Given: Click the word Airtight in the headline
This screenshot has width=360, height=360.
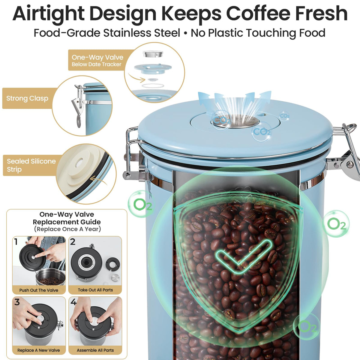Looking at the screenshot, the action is [48, 14].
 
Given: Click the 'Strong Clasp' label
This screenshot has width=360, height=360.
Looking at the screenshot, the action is [27, 98].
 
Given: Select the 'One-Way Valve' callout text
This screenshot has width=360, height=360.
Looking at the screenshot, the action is [97, 57].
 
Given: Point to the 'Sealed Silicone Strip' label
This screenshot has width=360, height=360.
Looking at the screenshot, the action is [31, 165].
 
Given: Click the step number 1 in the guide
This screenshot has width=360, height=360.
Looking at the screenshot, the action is [16, 242].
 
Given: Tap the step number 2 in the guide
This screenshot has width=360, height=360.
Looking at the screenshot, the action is [73, 242].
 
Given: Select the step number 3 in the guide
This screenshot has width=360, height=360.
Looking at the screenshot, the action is [17, 302].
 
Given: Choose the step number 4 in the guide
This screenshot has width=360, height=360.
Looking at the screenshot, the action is [73, 302].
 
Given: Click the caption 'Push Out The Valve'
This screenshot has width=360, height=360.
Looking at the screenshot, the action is [39, 290].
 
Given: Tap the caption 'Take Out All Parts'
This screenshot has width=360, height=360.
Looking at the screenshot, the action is [95, 290].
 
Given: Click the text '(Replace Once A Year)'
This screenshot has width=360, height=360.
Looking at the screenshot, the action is [67, 229].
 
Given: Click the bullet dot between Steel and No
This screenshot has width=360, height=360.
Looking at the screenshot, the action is [185, 33].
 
